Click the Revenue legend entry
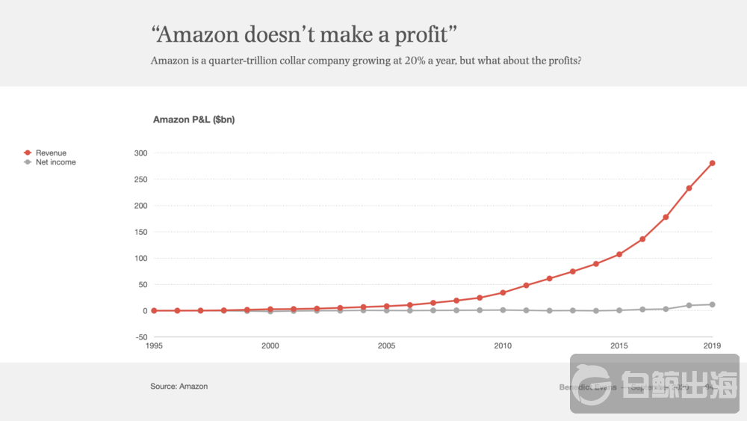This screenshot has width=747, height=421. tap(50, 153)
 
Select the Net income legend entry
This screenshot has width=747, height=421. tap(55, 162)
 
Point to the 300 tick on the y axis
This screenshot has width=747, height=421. tap(141, 153)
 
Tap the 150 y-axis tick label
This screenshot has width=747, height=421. tap(141, 232)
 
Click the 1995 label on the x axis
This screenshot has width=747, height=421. tap(154, 346)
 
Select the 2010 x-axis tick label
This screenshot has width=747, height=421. tap(503, 346)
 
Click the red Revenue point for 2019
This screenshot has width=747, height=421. tap(713, 163)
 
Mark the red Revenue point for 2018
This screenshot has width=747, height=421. tap(689, 188)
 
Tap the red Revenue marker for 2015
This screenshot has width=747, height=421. tap(619, 254)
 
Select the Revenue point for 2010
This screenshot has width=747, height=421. tap(503, 292)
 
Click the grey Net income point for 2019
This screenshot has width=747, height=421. tap(713, 304)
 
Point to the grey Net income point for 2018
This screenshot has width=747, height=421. tap(689, 305)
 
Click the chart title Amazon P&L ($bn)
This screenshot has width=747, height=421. tap(193, 120)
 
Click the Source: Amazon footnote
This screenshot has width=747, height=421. tap(179, 387)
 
